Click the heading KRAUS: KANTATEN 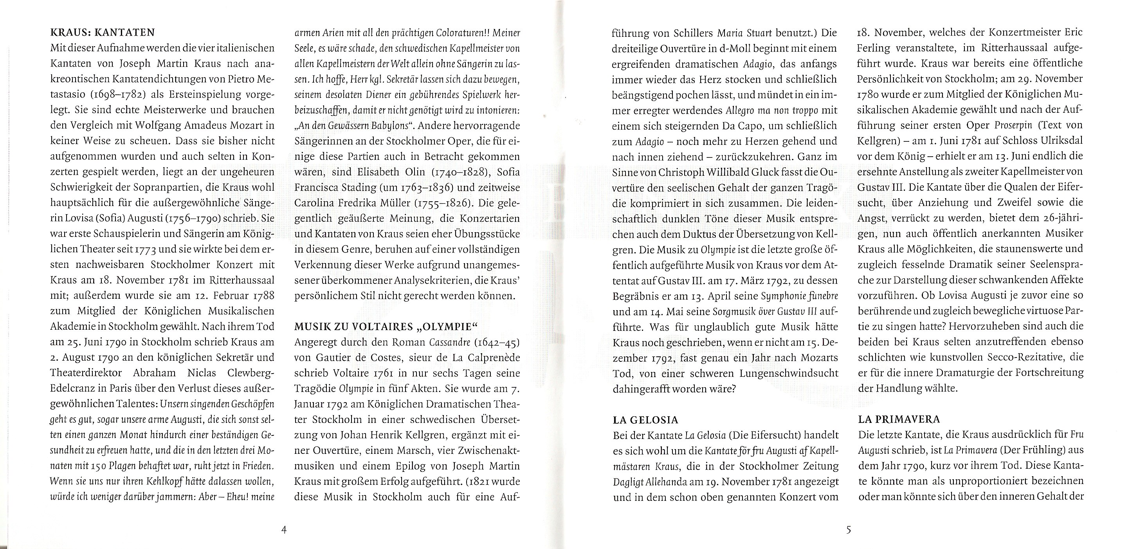pyautogui.click(x=103, y=33)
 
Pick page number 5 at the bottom pyautogui.click(x=848, y=530)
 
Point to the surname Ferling pyautogui.click(x=876, y=48)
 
